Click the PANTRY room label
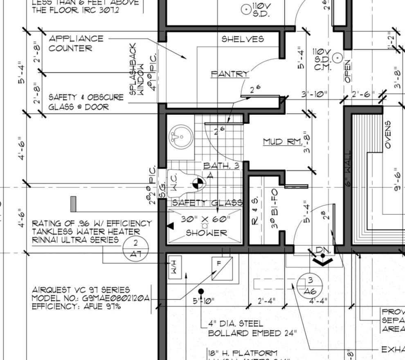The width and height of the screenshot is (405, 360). [230, 74]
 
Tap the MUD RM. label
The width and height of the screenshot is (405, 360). [282, 142]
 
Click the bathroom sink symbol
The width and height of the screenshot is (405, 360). [180, 136]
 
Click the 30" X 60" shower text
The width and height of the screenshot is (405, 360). [206, 219]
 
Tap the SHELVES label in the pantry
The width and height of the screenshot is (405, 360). [243, 39]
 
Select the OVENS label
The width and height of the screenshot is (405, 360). [387, 134]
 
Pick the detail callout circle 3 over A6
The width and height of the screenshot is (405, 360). [310, 285]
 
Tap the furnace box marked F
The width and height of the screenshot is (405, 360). [222, 270]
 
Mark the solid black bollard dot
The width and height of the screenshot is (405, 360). [201, 291]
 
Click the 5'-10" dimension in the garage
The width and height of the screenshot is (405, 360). [203, 301]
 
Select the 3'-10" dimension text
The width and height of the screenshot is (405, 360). [315, 94]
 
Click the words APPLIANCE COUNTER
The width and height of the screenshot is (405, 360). [76, 43]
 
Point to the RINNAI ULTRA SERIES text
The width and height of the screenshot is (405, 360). [76, 240]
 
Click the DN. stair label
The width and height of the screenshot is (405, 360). [323, 250]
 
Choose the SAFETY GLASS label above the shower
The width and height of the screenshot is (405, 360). [207, 203]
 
